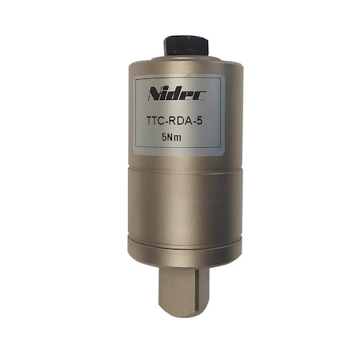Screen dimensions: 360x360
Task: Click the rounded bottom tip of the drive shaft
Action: click(181, 313)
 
